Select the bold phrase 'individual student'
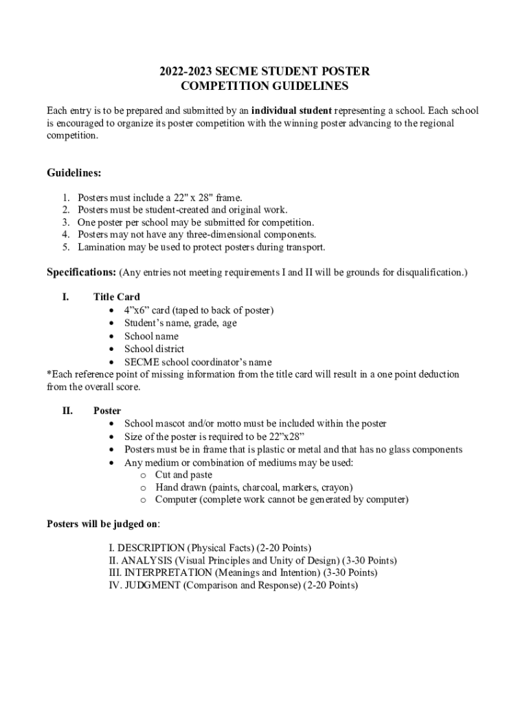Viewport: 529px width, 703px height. (x=291, y=111)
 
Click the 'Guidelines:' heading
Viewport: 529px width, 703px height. (x=74, y=173)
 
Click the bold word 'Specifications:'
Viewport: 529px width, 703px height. (x=81, y=273)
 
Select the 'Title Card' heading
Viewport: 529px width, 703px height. (x=117, y=297)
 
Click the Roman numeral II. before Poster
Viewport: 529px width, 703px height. (x=67, y=411)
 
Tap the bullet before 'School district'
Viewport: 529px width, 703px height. (x=112, y=349)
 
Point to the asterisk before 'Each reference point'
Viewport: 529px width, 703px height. (x=49, y=374)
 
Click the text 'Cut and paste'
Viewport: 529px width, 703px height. (x=183, y=474)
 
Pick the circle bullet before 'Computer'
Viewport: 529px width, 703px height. (x=143, y=500)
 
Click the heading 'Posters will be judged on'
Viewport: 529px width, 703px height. (x=102, y=524)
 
